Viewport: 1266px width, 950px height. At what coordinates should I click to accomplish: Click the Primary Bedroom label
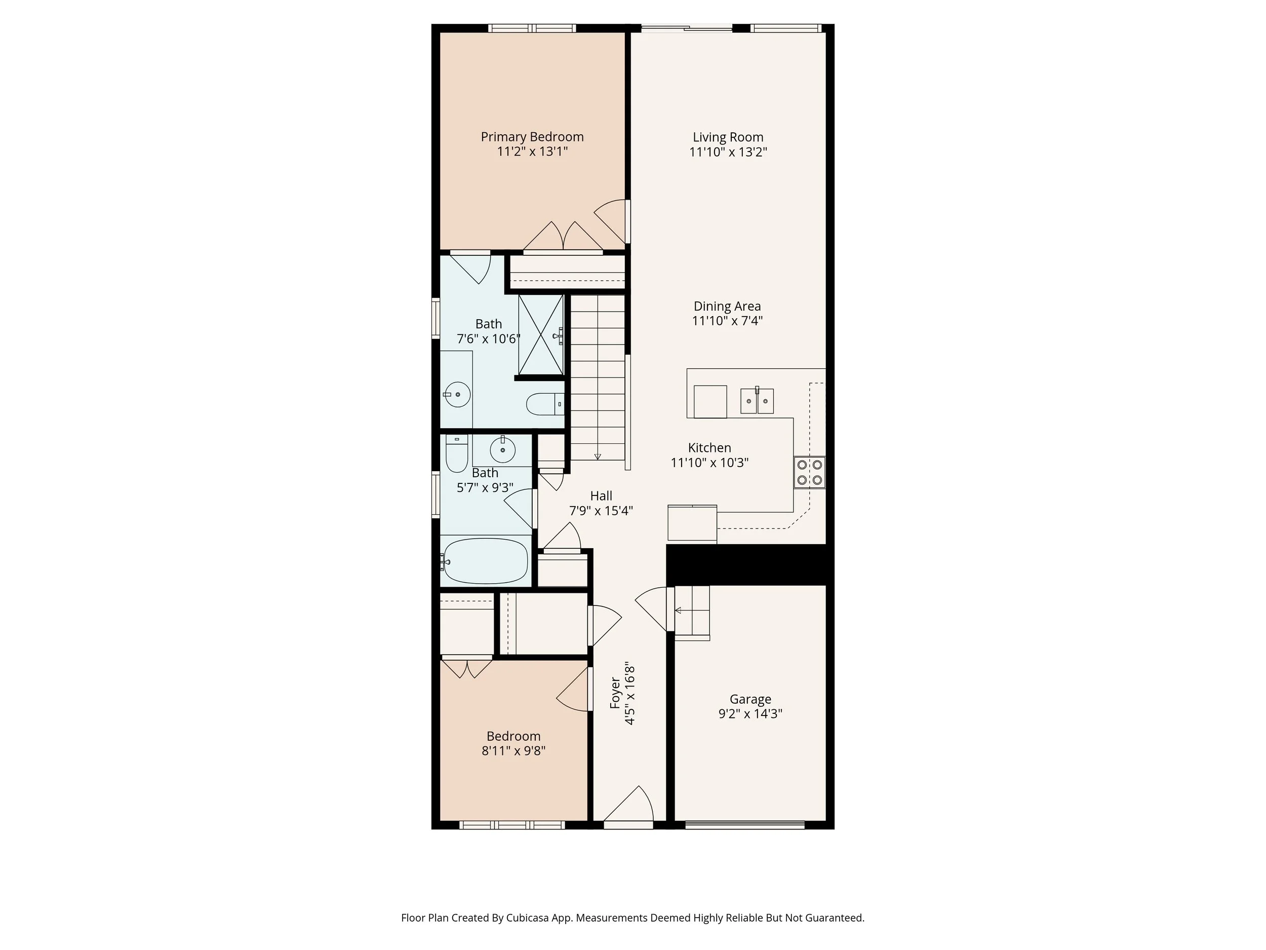tap(532, 137)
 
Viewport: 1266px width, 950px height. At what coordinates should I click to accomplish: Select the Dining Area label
tap(727, 307)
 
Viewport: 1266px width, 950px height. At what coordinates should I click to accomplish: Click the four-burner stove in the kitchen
tap(809, 472)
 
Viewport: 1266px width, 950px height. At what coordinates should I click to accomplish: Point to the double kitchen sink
tap(757, 401)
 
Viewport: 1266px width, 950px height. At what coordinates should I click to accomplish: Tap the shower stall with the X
tap(541, 335)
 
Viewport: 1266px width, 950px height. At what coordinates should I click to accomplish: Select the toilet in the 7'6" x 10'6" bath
tap(544, 404)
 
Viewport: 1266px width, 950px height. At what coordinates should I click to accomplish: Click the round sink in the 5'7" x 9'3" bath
tap(502, 450)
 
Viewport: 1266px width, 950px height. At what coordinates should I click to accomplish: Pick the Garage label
tap(750, 699)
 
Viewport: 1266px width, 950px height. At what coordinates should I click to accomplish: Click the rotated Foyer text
tap(615, 693)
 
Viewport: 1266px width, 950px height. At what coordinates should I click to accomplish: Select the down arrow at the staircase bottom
tap(598, 456)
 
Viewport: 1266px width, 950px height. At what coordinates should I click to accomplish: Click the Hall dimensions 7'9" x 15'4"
tap(601, 511)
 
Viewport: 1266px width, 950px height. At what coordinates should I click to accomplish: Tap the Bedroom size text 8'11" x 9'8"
tap(513, 751)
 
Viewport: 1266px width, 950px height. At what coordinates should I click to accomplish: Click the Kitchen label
tap(709, 448)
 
